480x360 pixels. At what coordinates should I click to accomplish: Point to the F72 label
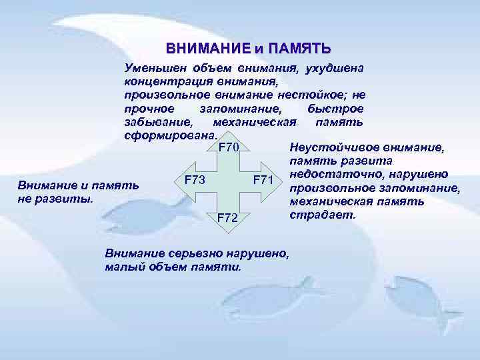229,218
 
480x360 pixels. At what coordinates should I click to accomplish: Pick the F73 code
195,180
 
